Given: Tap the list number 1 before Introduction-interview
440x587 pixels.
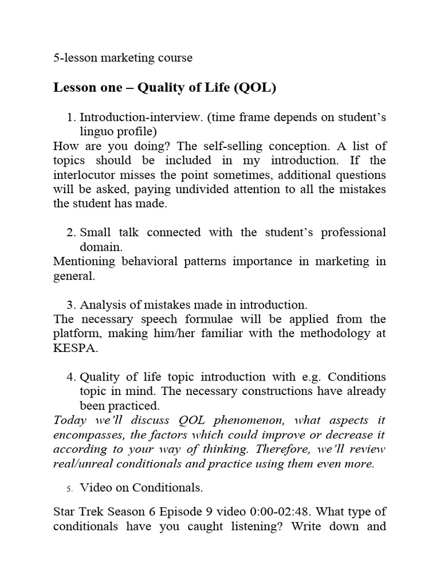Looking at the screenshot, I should pyautogui.click(x=71, y=118).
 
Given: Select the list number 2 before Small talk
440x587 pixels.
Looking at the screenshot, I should pyautogui.click(x=71, y=233).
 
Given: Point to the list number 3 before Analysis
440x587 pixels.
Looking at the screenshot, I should pyautogui.click(x=71, y=305).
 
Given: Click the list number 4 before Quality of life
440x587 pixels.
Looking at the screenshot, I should pyautogui.click(x=71, y=377).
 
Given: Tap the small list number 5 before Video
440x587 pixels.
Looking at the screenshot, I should pyautogui.click(x=69, y=488).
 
